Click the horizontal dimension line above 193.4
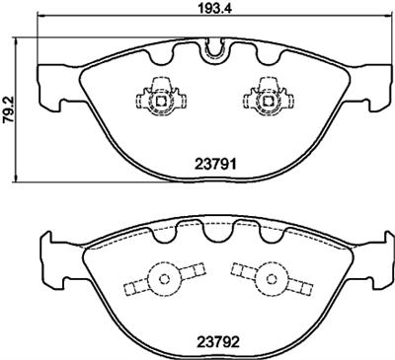118,21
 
